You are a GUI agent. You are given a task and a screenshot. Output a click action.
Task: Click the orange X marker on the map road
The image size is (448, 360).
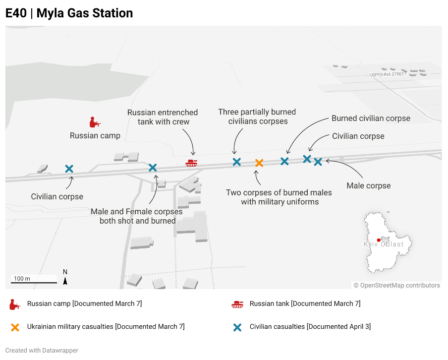259,163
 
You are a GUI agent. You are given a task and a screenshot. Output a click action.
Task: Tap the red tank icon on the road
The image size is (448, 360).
191,163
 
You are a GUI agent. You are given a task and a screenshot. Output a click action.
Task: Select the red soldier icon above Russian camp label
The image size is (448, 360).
95,122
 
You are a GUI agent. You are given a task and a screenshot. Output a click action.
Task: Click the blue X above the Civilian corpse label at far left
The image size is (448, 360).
69,169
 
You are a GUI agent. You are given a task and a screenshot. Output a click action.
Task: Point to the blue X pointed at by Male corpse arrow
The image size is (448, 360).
318,162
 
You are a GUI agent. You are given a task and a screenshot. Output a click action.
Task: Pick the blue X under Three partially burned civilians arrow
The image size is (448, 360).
236,162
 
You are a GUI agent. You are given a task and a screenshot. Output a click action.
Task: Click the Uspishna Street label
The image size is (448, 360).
388,74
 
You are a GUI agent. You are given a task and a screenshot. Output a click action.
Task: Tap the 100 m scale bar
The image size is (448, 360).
34,283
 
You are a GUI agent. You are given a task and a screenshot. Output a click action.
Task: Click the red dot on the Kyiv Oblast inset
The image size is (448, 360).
379,240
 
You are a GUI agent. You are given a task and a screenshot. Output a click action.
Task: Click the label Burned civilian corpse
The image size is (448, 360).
371,119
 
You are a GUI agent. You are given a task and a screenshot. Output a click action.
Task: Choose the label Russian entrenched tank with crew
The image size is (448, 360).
163,117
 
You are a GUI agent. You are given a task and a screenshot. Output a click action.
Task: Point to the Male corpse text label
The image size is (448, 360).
369,185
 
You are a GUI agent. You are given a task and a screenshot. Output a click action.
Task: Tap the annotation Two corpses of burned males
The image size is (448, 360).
279,192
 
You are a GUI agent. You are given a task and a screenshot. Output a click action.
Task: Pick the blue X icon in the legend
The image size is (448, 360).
237,327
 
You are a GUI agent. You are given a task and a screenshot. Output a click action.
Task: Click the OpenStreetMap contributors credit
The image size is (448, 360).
397,285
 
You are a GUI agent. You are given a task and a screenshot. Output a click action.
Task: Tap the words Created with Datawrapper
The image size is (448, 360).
42,350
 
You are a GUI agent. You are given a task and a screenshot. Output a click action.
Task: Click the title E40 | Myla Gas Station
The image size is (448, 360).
69,13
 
